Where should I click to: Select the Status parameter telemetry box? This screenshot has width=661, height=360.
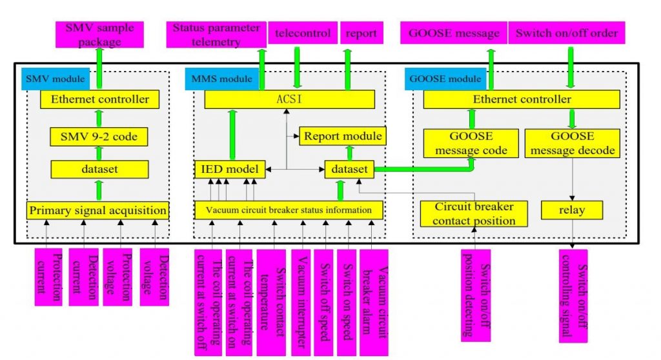(x=216, y=35)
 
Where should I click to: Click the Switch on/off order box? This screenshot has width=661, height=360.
(x=566, y=33)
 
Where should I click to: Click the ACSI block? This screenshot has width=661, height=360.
(x=289, y=99)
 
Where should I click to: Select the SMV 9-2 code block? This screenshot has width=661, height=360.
(x=99, y=136)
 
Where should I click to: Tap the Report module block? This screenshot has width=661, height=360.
(x=343, y=136)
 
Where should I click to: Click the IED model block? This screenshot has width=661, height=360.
(x=230, y=170)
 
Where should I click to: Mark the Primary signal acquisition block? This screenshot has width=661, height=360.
(x=98, y=210)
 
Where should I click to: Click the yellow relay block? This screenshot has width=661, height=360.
(x=572, y=210)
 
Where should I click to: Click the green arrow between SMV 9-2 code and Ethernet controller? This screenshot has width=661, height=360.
(x=99, y=118)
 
